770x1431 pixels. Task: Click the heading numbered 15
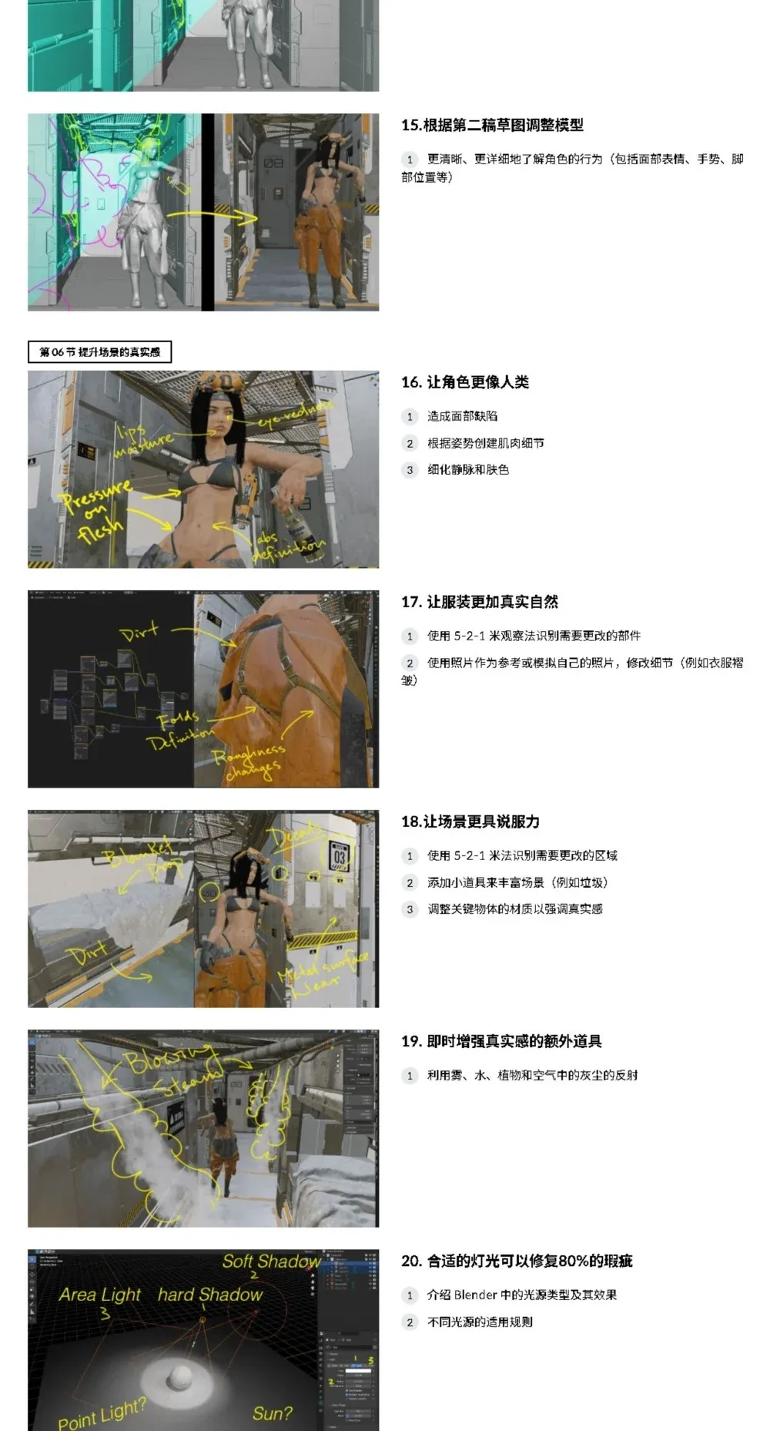(x=492, y=125)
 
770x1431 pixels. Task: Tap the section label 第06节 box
(x=99, y=352)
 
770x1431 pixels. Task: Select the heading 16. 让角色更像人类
(x=465, y=382)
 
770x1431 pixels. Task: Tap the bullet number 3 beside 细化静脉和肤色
(x=410, y=469)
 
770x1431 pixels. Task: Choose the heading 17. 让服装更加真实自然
(x=479, y=602)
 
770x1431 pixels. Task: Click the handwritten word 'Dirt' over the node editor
(x=139, y=633)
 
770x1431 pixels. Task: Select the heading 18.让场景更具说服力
(x=470, y=821)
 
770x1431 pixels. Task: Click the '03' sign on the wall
(x=340, y=857)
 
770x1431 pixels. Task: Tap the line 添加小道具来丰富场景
(x=517, y=882)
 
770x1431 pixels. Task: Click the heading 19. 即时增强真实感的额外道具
(x=500, y=1041)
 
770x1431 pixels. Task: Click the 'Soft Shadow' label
(x=271, y=1261)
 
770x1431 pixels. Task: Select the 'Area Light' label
(x=100, y=1295)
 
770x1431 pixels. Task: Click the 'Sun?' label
(x=272, y=1413)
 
